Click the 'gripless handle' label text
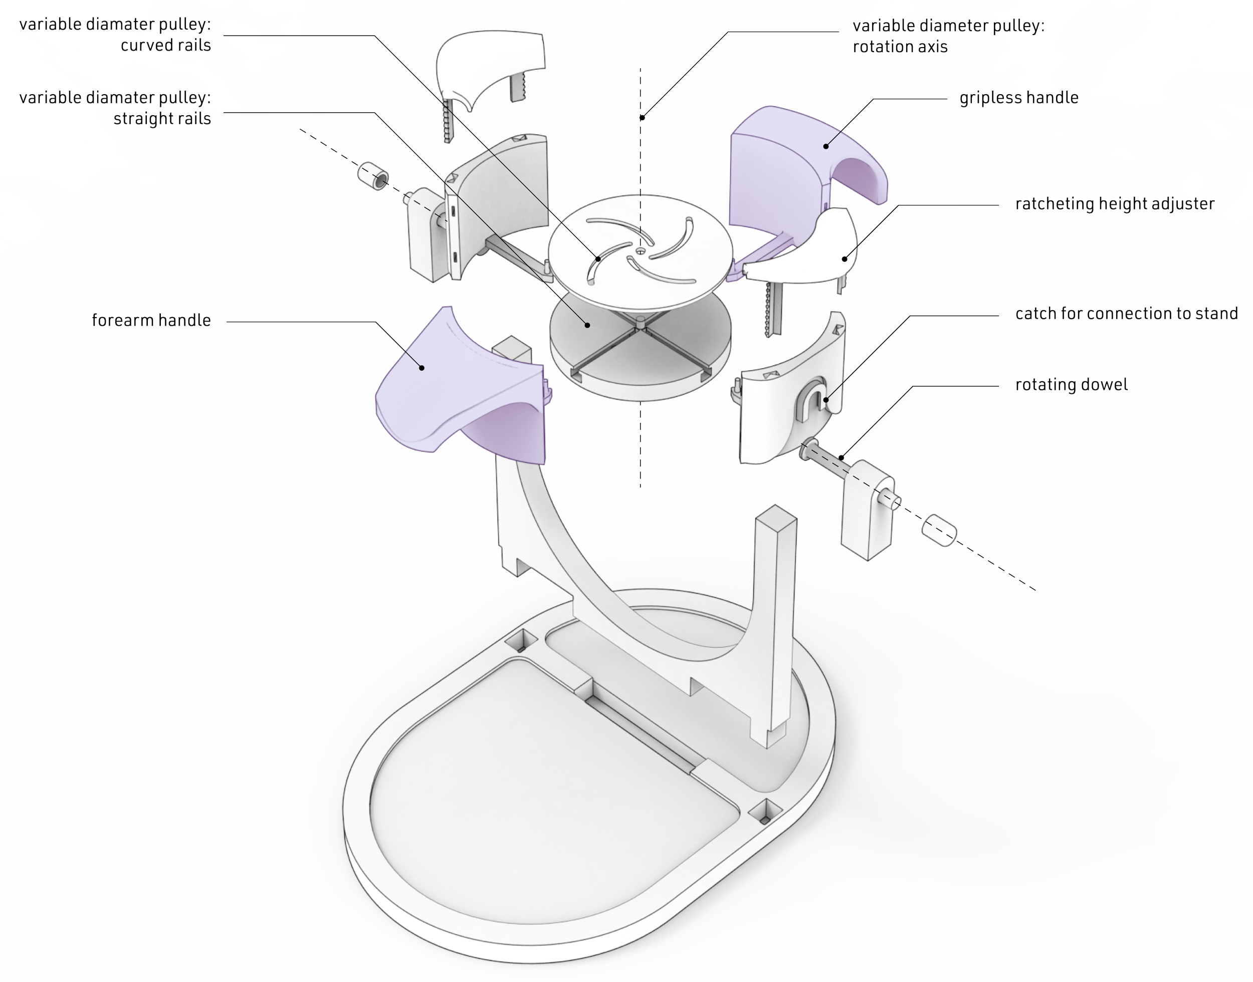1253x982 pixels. tap(1018, 98)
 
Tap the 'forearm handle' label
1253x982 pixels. tap(151, 320)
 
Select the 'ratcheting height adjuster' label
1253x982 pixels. tap(1114, 204)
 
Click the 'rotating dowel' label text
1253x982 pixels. tap(1071, 385)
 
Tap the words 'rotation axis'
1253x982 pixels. tap(900, 47)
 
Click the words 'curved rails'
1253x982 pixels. tap(165, 46)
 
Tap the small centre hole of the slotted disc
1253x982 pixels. tap(641, 250)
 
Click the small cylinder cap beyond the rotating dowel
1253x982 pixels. tap(938, 530)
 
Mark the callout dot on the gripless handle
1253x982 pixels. tap(826, 146)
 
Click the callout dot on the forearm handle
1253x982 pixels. tap(422, 368)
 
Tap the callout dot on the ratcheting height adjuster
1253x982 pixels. tap(844, 259)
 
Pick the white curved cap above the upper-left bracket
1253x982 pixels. tap(489, 63)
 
